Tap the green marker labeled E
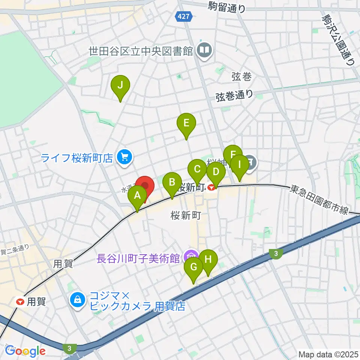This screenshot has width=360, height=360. (186, 123)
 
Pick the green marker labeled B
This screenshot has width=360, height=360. (172, 183)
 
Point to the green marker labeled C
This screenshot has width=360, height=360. (197, 169)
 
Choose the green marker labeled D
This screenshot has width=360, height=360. (216, 172)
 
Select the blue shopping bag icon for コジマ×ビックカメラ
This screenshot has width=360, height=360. (77, 300)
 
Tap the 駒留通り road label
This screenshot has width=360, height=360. (227, 7)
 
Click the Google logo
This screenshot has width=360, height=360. (25, 351)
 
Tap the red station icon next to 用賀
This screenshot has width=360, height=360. (20, 301)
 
